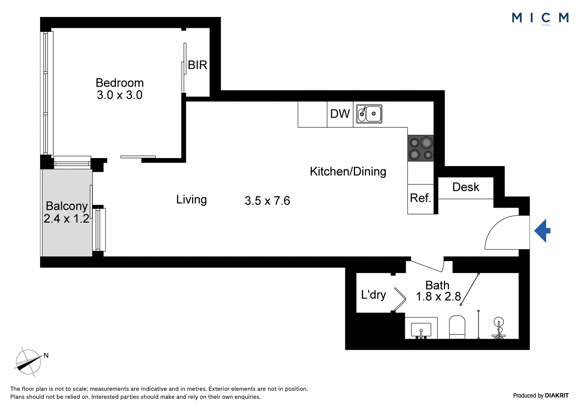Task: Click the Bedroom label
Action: coord(120,83)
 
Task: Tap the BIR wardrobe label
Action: coord(198,65)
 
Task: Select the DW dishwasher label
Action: coord(340,114)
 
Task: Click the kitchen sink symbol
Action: coord(369,114)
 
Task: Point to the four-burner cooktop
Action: coord(420,148)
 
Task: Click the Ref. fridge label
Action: coord(420,198)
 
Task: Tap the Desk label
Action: coord(466,187)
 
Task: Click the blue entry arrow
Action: coord(542,230)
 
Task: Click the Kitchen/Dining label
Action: coord(348,171)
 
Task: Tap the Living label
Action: coord(191,200)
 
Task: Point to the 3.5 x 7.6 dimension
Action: coord(267,201)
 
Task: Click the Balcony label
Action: coord(67,206)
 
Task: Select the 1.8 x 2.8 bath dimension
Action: coord(438,297)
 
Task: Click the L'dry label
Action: coord(373,295)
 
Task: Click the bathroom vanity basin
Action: coord(421,329)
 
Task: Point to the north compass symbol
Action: coord(29,362)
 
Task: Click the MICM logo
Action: coord(540,18)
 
